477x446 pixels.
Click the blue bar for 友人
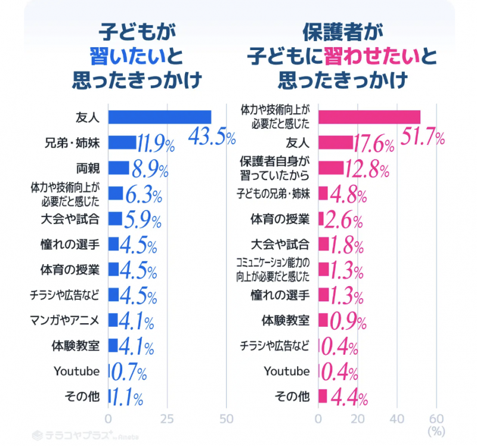[160, 117]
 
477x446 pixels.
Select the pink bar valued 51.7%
[369, 117]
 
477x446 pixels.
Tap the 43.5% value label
[212, 138]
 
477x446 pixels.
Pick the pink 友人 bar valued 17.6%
[335, 143]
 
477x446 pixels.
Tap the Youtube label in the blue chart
[76, 371]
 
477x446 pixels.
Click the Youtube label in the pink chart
[287, 371]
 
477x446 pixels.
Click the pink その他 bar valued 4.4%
[323, 396]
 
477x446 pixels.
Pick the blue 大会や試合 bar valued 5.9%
[115, 219]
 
